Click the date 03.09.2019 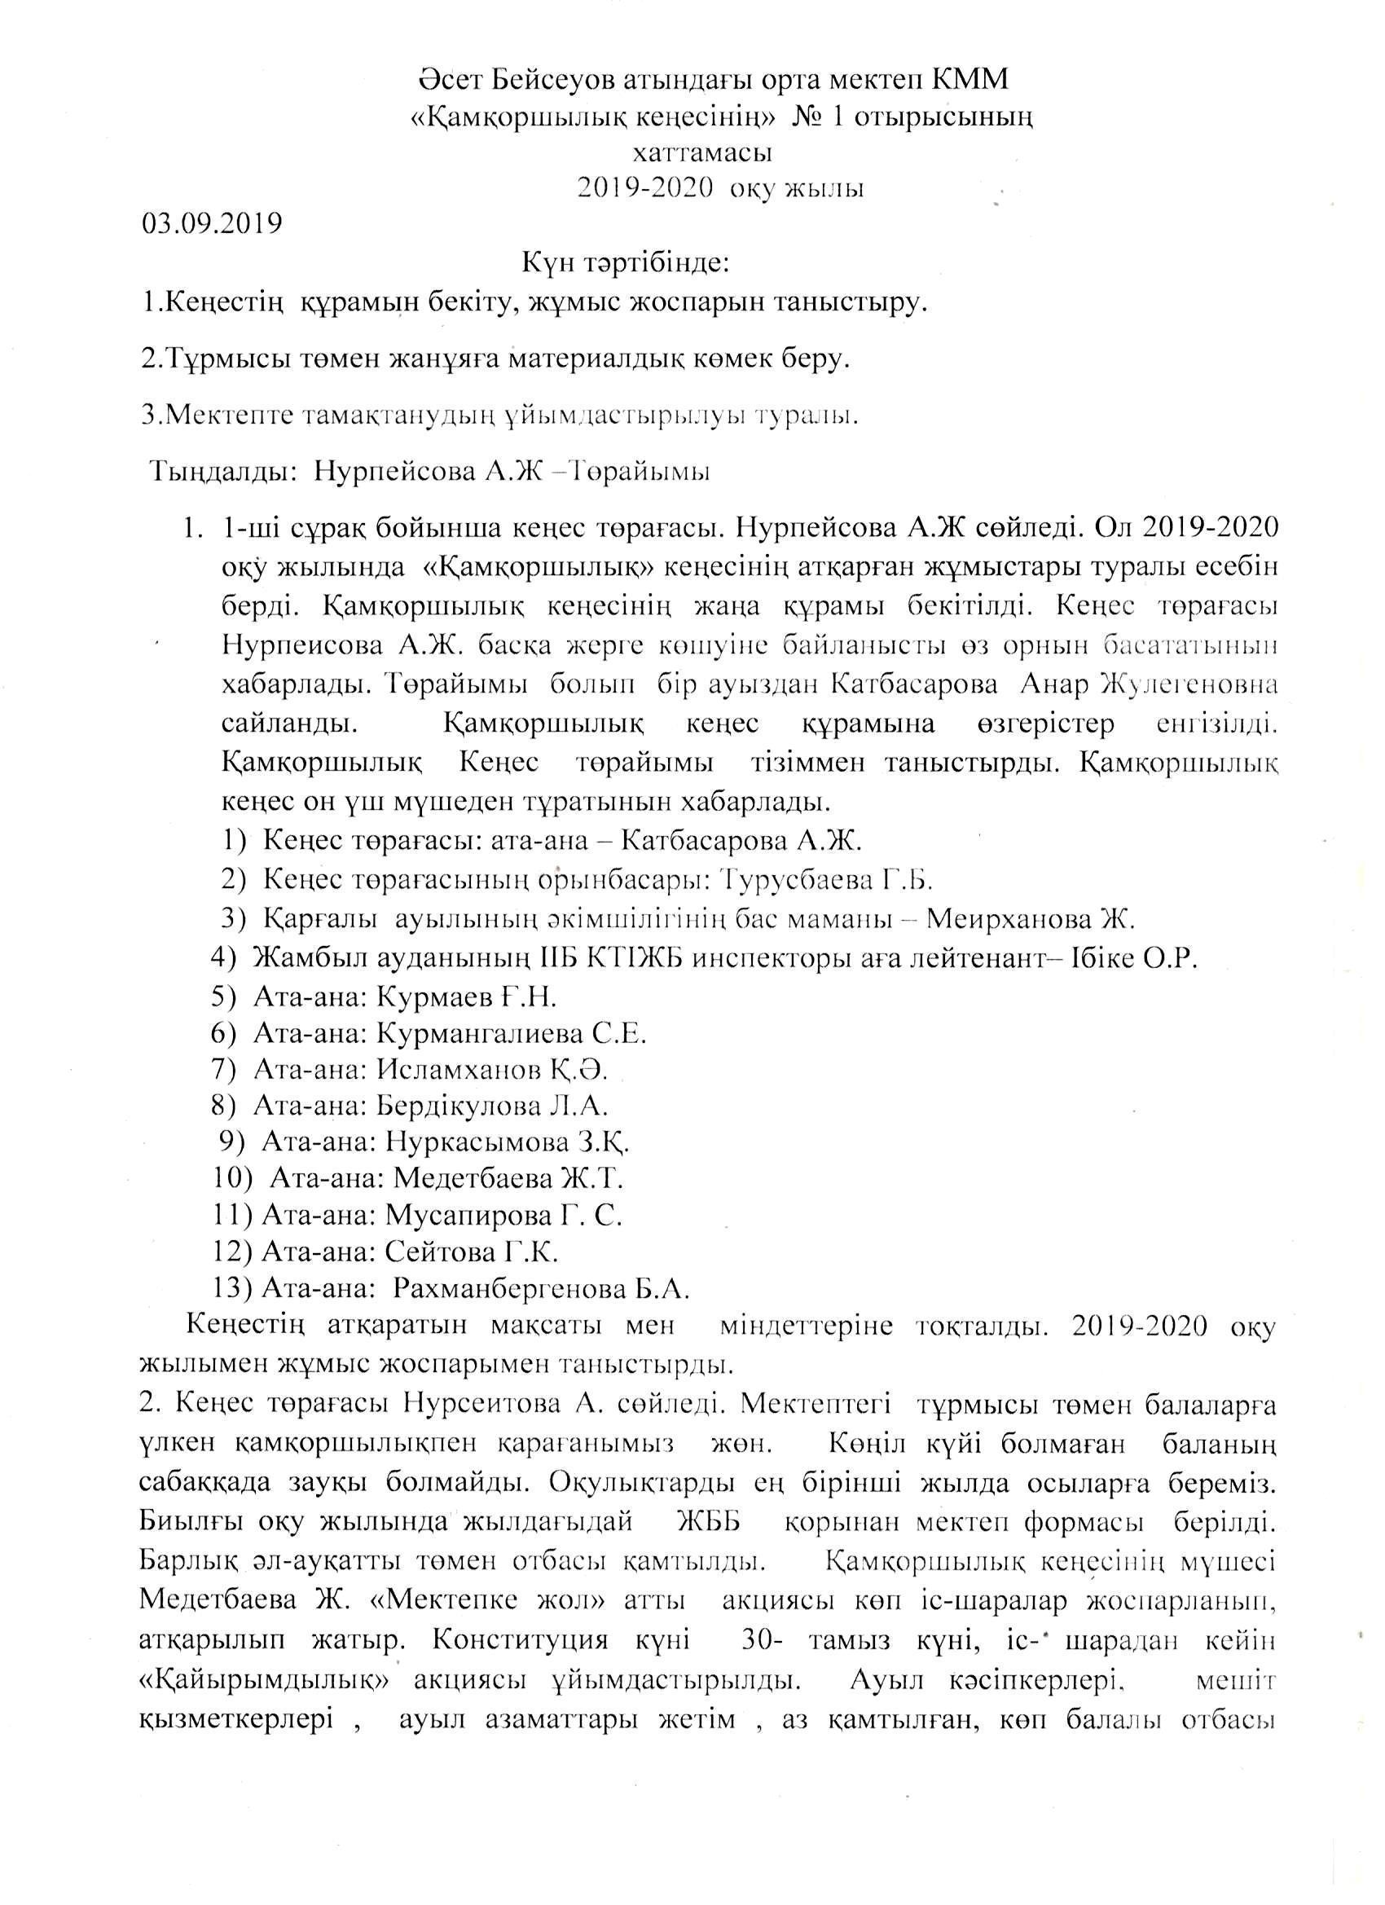(212, 225)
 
